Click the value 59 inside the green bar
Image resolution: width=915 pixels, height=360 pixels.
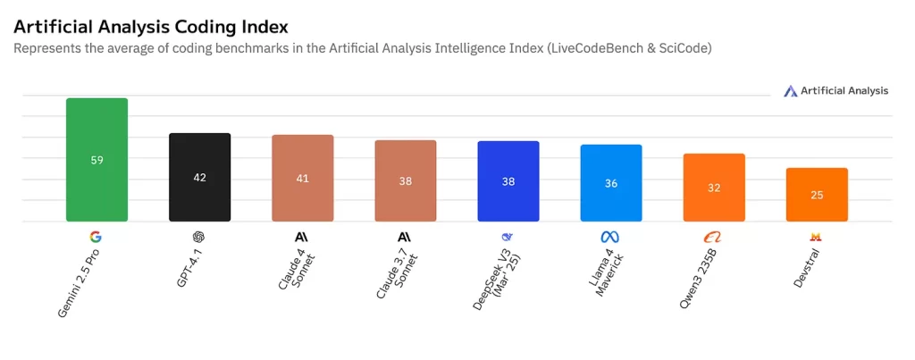click(97, 160)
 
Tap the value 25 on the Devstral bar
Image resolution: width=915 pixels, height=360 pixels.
click(816, 195)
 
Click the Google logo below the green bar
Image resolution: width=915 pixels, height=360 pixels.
click(96, 237)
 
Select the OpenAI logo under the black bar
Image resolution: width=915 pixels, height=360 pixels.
click(198, 237)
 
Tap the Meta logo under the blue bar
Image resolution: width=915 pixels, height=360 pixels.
click(610, 237)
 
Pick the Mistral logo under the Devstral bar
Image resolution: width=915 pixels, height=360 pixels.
click(815, 237)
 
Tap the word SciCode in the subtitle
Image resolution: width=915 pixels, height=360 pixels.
click(681, 49)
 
